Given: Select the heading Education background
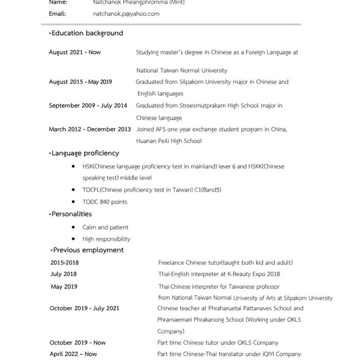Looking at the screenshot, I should coord(87,33).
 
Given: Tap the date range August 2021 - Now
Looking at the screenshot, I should coord(75,52).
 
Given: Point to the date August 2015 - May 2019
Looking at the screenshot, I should coord(80,82).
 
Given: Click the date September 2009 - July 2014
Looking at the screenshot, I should coord(88,106).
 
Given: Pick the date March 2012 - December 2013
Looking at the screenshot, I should coord(90,129).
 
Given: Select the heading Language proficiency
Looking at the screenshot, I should coord(85,153).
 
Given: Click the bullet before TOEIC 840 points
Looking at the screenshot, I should coord(75,201).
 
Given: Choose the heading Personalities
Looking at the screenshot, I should coord(71,214).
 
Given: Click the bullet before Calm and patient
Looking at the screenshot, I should coord(75,227).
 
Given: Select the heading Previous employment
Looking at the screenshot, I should coord(88,250).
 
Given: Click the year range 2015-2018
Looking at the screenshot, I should coord(65,263).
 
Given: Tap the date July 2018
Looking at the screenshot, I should coord(64,274).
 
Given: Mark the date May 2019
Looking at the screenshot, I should coord(64,287).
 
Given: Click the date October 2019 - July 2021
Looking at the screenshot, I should coord(84,308).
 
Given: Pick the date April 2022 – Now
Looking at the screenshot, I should coord(73,354).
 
